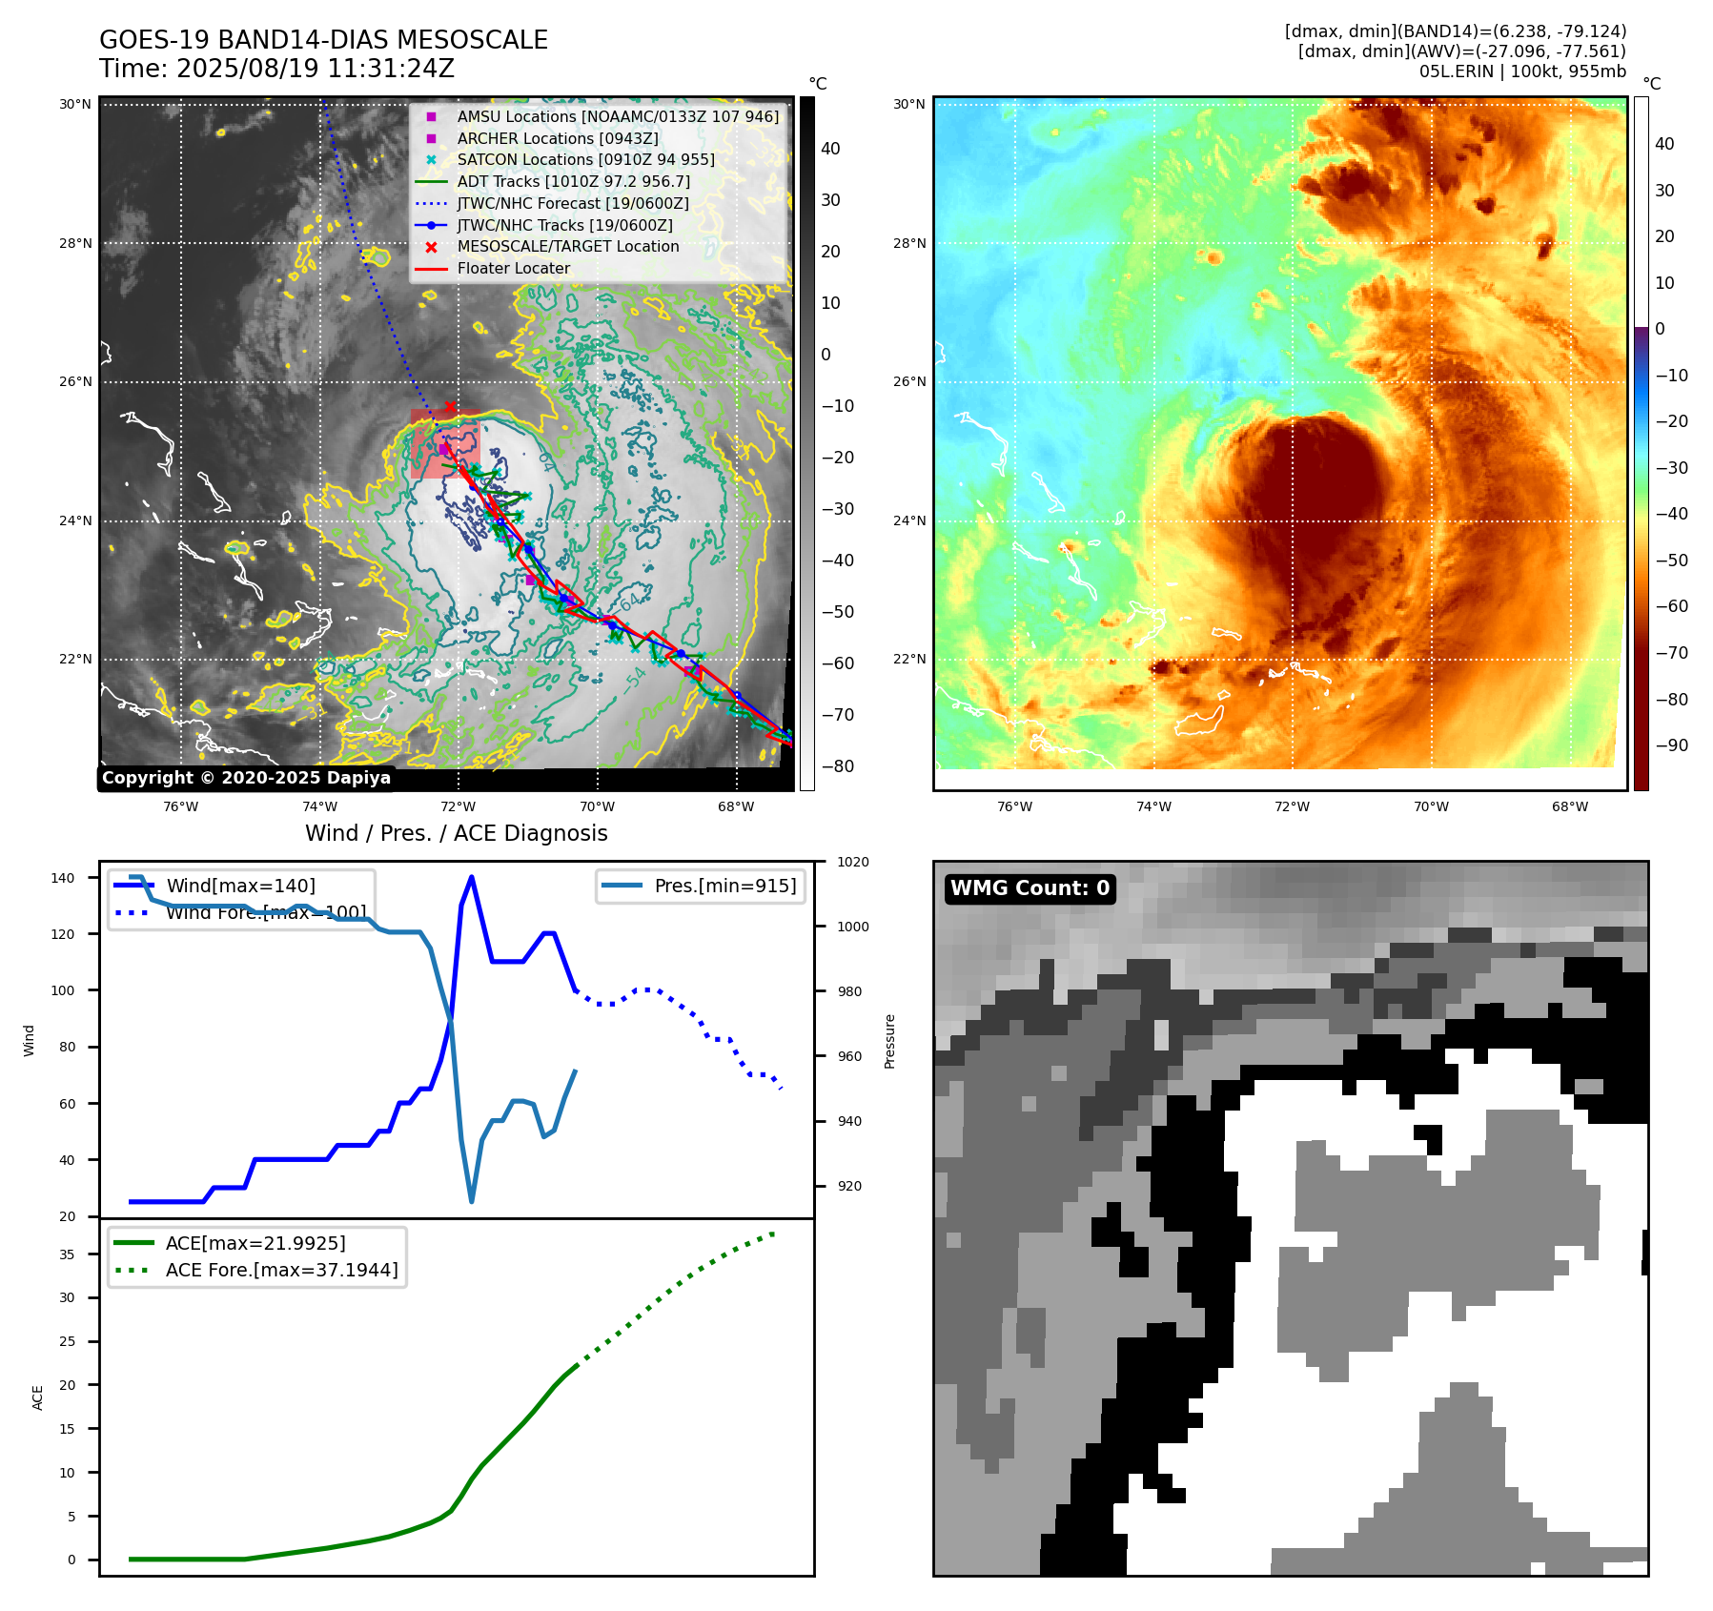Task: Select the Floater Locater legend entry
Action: (513, 268)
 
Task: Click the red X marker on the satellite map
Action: (450, 407)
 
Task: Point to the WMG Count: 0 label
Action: (1030, 887)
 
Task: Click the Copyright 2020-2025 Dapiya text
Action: (246, 778)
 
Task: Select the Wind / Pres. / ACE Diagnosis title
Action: (456, 833)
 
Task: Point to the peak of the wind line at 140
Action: (472, 878)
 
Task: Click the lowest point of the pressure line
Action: (471, 1201)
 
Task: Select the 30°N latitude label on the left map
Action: (75, 104)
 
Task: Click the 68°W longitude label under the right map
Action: (1569, 806)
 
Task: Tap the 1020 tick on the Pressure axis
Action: (852, 862)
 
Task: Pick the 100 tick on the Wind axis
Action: (62, 990)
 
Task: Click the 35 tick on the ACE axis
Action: (67, 1254)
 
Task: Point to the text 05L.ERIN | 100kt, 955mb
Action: (1521, 71)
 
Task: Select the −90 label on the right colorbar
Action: (1671, 745)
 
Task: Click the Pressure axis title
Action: (889, 1041)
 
